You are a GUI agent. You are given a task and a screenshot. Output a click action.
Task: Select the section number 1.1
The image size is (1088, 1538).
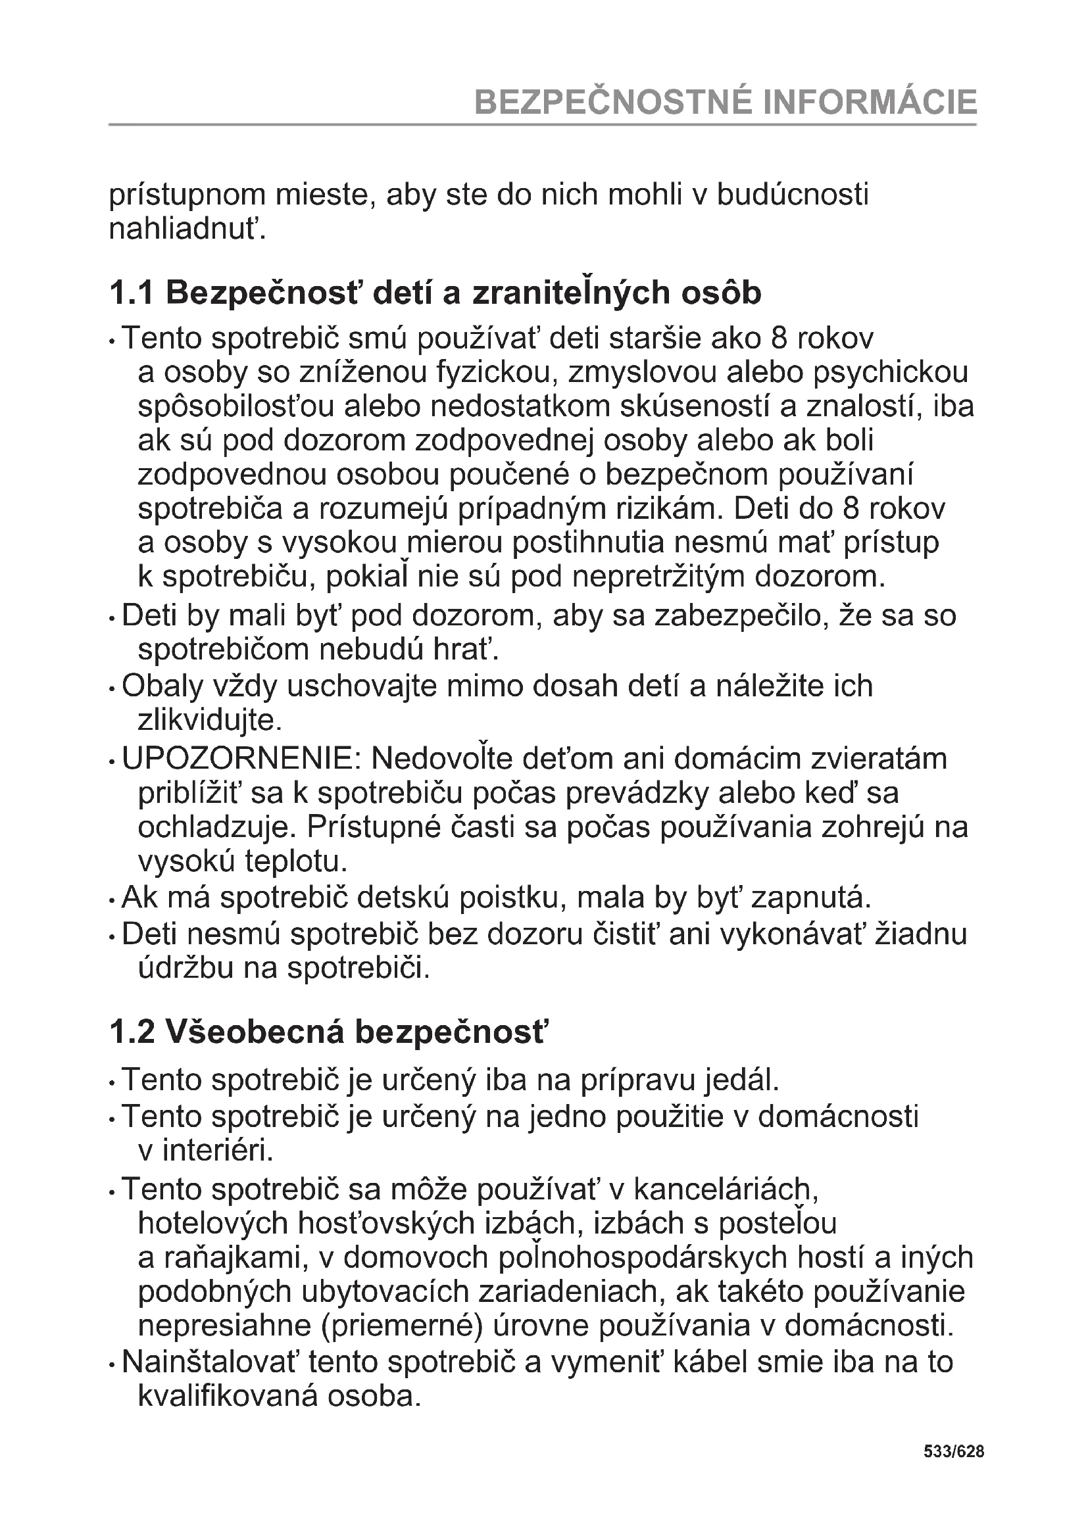pyautogui.click(x=131, y=293)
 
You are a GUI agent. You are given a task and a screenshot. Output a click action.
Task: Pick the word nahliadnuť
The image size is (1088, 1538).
pyautogui.click(x=187, y=229)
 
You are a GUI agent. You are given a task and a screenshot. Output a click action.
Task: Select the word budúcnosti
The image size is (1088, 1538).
pyautogui.click(x=793, y=194)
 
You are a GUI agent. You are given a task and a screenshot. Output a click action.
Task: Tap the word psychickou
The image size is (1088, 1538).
pyautogui.click(x=891, y=372)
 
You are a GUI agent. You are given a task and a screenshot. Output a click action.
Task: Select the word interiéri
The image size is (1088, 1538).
pyautogui.click(x=207, y=1151)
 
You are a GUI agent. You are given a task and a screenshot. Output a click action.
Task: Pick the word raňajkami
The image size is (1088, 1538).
pyautogui.click(x=223, y=1258)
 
